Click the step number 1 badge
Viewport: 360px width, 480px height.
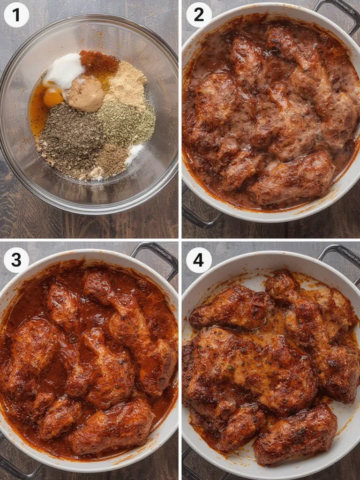[x=16, y=15]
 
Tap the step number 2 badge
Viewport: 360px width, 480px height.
[x=199, y=15]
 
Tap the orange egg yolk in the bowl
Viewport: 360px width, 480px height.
[x=52, y=97]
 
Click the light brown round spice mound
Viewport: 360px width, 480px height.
[x=85, y=94]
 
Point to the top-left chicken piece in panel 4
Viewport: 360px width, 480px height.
[x=230, y=307]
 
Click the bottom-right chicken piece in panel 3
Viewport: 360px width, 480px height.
[x=112, y=427]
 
